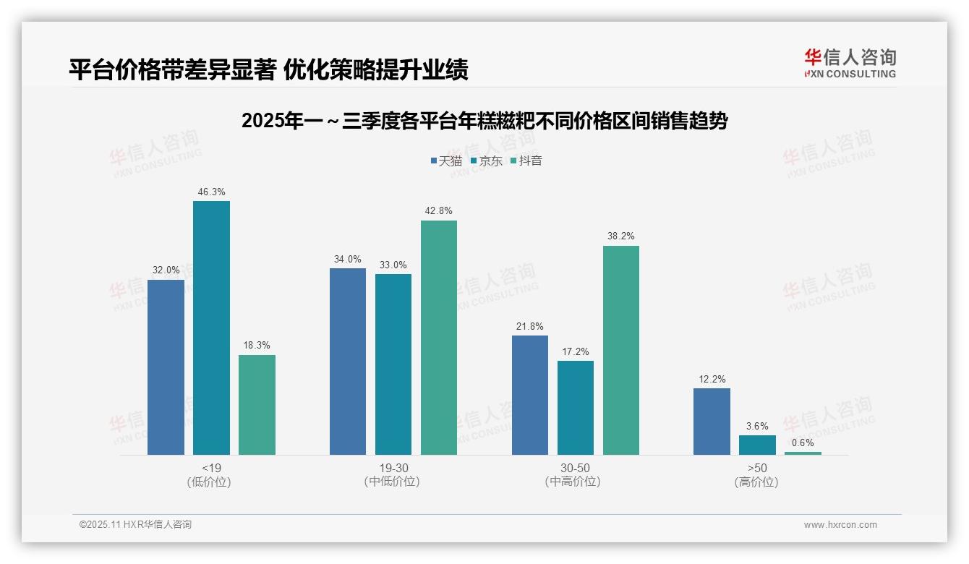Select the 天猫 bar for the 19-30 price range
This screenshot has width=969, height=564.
(x=348, y=362)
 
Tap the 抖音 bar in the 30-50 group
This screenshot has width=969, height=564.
(x=621, y=350)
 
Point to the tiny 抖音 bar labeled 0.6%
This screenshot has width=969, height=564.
(x=803, y=453)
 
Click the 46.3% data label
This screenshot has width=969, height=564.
(x=211, y=192)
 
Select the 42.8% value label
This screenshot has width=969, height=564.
(x=439, y=211)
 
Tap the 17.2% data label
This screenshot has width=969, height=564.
(x=576, y=352)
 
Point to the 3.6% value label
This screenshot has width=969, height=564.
(x=757, y=427)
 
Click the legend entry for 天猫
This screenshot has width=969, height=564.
(x=446, y=161)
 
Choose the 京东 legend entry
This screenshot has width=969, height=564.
(x=486, y=161)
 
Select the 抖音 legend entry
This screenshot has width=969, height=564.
(x=526, y=161)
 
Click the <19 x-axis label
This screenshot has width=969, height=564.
(x=211, y=468)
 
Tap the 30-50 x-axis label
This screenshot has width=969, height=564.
(x=576, y=468)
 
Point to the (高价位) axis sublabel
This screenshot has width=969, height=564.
(x=757, y=482)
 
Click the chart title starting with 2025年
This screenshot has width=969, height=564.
(x=484, y=121)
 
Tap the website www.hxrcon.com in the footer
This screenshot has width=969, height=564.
(x=840, y=525)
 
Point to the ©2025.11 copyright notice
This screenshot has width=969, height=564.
(x=135, y=525)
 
